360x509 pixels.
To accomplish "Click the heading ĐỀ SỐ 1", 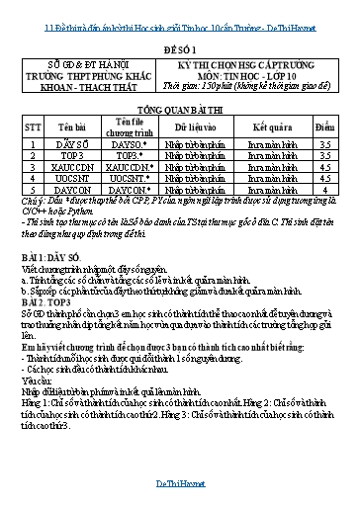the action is click(x=179, y=46).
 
